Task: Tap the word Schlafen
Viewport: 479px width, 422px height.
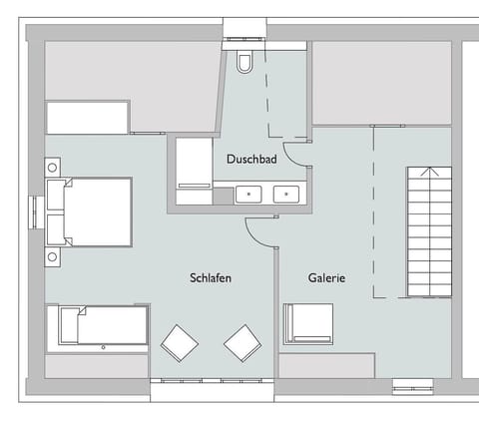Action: [x=210, y=278]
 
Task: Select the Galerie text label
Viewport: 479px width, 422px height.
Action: [x=326, y=278]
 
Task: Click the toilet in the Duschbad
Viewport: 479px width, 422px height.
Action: [x=244, y=61]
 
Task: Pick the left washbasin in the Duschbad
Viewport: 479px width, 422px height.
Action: [x=248, y=193]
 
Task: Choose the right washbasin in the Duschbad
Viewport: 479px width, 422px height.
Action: [x=285, y=193]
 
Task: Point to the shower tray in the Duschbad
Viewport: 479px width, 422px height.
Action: [x=194, y=171]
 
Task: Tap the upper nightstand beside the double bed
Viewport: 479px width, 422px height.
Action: [x=52, y=166]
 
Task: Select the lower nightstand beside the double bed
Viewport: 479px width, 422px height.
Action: [x=52, y=256]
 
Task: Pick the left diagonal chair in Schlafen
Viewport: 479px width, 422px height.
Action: [x=180, y=343]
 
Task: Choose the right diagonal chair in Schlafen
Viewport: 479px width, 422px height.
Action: [x=242, y=343]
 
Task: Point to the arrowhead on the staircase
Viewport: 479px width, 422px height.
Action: [x=428, y=173]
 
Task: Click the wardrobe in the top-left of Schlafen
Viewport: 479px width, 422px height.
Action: [x=88, y=117]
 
